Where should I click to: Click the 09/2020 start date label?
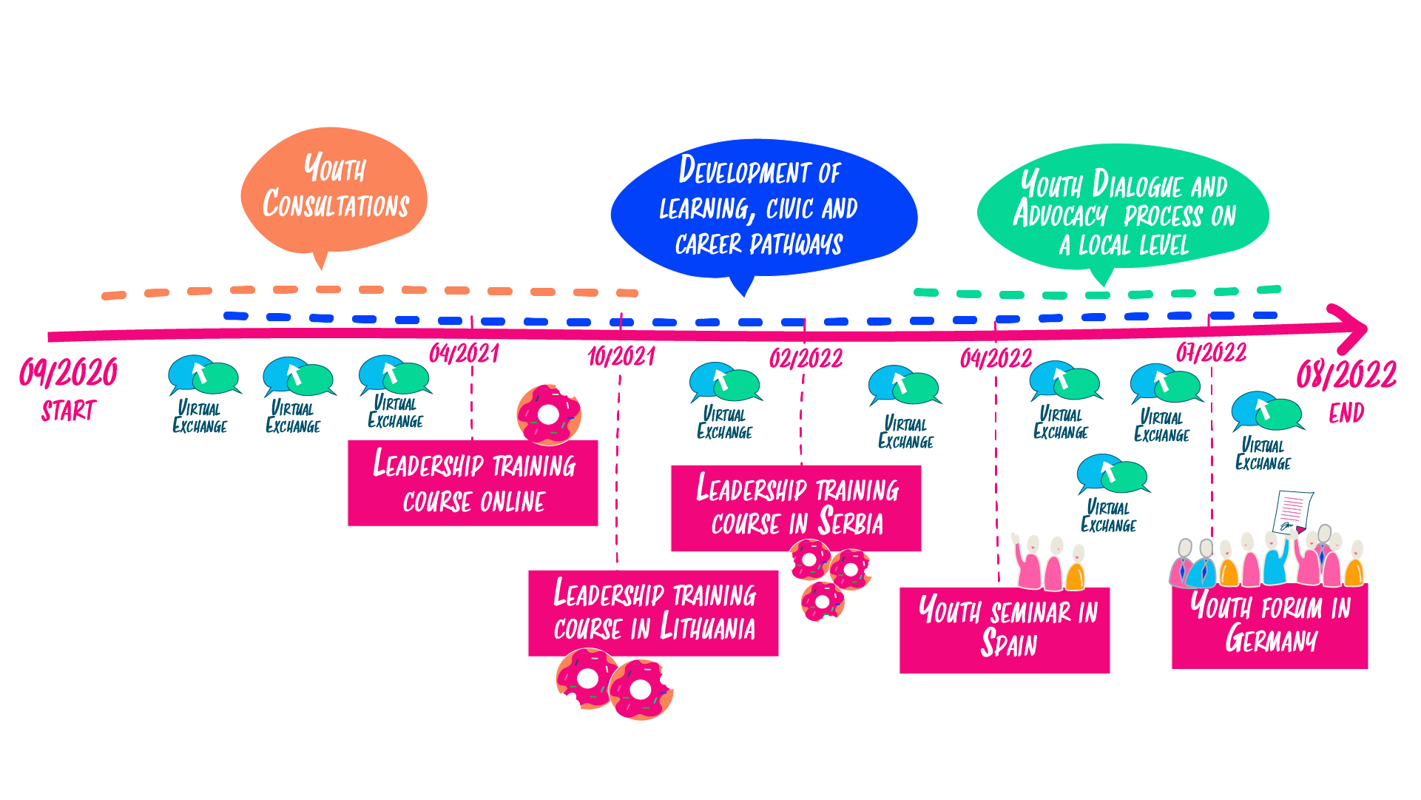tap(68, 372)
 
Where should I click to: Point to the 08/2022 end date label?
tap(1346, 374)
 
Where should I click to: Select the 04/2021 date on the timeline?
tap(464, 354)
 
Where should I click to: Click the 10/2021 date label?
tap(621, 357)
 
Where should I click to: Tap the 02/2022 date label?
tap(806, 359)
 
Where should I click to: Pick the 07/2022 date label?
tap(1211, 352)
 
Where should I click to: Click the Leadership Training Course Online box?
tap(473, 483)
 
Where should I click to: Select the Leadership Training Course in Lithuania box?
tap(653, 613)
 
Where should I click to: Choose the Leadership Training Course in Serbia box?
tap(796, 508)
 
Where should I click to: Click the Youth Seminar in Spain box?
tap(1005, 631)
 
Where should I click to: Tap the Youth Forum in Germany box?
tap(1269, 626)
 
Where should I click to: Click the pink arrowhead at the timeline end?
tap(1351, 329)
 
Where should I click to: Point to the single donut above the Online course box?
tap(549, 414)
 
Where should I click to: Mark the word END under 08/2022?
tap(1346, 413)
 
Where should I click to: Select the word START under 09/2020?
tap(68, 411)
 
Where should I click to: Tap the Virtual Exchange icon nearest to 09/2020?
tap(201, 376)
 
